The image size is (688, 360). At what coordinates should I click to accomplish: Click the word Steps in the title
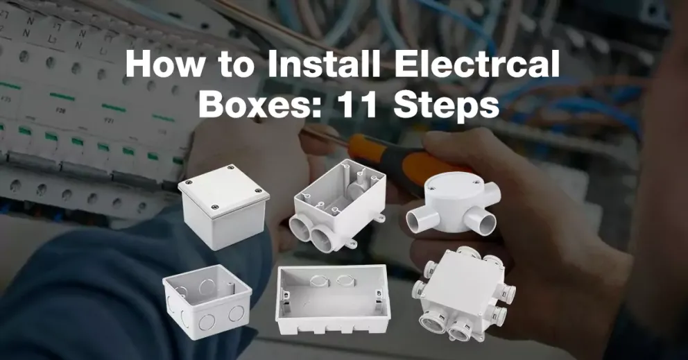pos(446,107)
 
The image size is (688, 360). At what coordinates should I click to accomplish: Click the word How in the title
pos(165,65)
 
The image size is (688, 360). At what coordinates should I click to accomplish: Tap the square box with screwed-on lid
pos(224,207)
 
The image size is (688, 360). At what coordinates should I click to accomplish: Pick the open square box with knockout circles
pos(207,301)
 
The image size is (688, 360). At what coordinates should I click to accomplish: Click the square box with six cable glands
pos(464,294)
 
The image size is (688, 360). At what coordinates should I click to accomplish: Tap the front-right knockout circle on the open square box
pos(237,314)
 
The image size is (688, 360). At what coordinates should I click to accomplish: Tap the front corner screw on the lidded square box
pos(214,207)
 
